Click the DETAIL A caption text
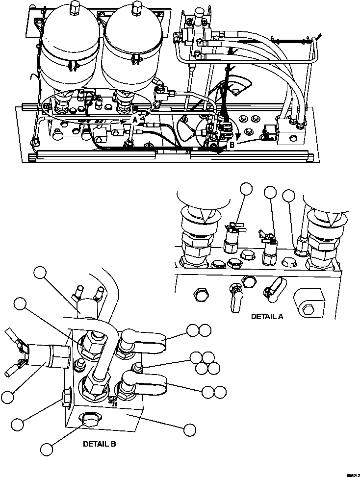(x=267, y=317)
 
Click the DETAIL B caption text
(x=99, y=444)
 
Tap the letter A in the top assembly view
(x=135, y=119)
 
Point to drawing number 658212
(x=350, y=474)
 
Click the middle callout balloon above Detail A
(x=270, y=193)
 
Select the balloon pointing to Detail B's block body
(x=189, y=429)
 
